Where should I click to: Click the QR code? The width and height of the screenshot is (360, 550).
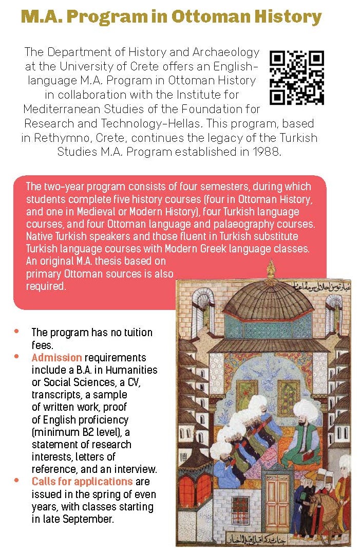tap(297, 78)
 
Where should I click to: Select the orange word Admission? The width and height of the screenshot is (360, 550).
tap(56, 357)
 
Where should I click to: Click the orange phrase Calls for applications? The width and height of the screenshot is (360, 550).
tap(82, 482)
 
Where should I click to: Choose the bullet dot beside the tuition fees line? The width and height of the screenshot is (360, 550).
tap(17, 331)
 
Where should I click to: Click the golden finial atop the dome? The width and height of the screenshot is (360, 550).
tap(271, 268)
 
